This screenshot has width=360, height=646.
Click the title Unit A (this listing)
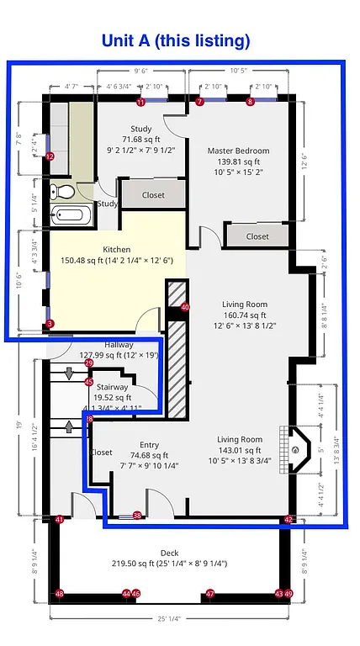coord(176,40)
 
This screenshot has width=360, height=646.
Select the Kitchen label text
coord(116,250)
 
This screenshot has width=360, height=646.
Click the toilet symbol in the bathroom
coord(59,191)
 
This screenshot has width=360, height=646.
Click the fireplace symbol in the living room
coord(295,449)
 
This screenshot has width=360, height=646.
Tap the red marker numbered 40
coord(185,308)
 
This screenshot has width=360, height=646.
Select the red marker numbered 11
coord(140,102)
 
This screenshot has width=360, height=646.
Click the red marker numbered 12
coord(50,156)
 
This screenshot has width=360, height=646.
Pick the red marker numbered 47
coord(210,594)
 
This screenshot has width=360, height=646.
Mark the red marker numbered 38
coord(137,516)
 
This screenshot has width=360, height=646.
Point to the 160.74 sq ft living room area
coord(244,315)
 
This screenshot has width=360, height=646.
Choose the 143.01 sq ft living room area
coord(239,450)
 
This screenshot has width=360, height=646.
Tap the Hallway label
coord(119,345)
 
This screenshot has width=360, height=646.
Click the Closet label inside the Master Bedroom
coord(257,236)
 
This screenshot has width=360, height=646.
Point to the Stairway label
coord(112,387)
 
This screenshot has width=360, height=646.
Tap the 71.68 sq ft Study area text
coord(140,139)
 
